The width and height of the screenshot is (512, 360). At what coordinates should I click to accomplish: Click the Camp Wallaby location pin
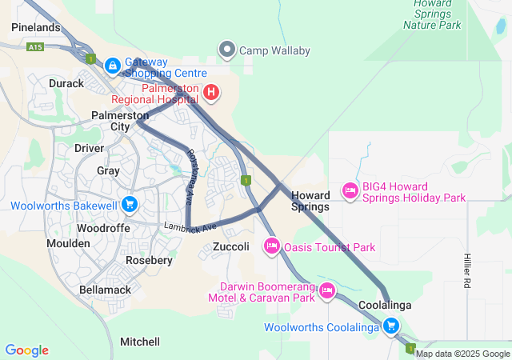pyautogui.click(x=228, y=50)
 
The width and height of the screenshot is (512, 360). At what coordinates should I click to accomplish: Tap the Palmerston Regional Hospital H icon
pyautogui.click(x=210, y=93)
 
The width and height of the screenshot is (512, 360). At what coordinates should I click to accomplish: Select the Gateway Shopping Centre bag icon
pyautogui.click(x=113, y=64)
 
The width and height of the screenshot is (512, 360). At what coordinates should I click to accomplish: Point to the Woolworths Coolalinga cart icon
pyautogui.click(x=391, y=326)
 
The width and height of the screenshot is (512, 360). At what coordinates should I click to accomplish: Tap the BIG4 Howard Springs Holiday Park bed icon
pyautogui.click(x=350, y=190)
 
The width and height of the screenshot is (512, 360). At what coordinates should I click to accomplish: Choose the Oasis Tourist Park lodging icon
pyautogui.click(x=271, y=246)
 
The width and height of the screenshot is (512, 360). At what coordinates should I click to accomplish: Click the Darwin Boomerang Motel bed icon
pyautogui.click(x=326, y=292)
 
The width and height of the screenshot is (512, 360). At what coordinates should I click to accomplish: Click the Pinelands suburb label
pyautogui.click(x=36, y=28)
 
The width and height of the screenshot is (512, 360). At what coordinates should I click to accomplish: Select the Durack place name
pyautogui.click(x=66, y=83)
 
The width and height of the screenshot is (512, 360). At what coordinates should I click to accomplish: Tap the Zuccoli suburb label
pyautogui.click(x=231, y=247)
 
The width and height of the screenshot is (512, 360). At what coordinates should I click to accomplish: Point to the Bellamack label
pyautogui.click(x=104, y=290)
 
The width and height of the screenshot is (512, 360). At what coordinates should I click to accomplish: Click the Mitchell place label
pyautogui.click(x=140, y=342)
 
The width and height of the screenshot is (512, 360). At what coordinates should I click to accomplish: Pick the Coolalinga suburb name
pyautogui.click(x=385, y=306)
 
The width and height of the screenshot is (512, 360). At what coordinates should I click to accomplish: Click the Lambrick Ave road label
pyautogui.click(x=190, y=227)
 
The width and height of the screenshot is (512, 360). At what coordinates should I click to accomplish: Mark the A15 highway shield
pyautogui.click(x=34, y=48)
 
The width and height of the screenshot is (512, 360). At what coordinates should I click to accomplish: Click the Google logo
pyautogui.click(x=27, y=350)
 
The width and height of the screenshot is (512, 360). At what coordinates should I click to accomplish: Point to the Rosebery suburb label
pyautogui.click(x=149, y=261)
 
